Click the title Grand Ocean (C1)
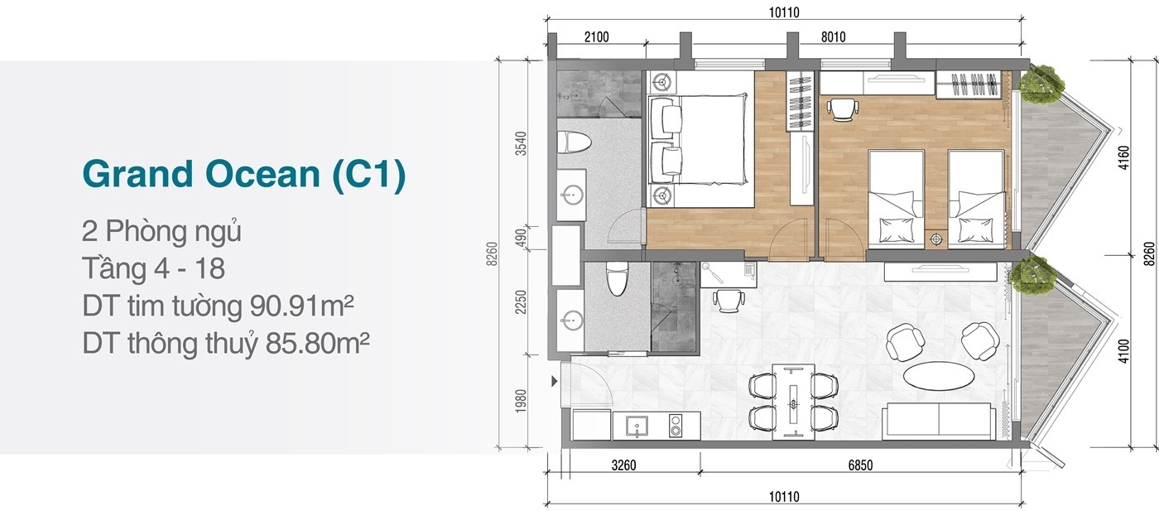click(x=243, y=174)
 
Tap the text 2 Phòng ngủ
click(x=161, y=231)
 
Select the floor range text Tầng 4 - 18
click(x=153, y=268)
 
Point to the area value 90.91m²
click(x=301, y=306)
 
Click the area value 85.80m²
click(x=317, y=343)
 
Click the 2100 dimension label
click(x=597, y=37)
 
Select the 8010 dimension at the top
click(x=833, y=37)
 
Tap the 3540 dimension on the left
click(x=521, y=143)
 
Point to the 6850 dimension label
click(x=860, y=465)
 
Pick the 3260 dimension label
click(x=623, y=465)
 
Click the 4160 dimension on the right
click(x=1123, y=158)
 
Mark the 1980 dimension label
click(x=521, y=401)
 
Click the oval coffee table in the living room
click(x=939, y=375)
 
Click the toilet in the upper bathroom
click(x=574, y=142)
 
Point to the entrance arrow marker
click(x=554, y=381)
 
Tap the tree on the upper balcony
click(x=1041, y=84)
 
